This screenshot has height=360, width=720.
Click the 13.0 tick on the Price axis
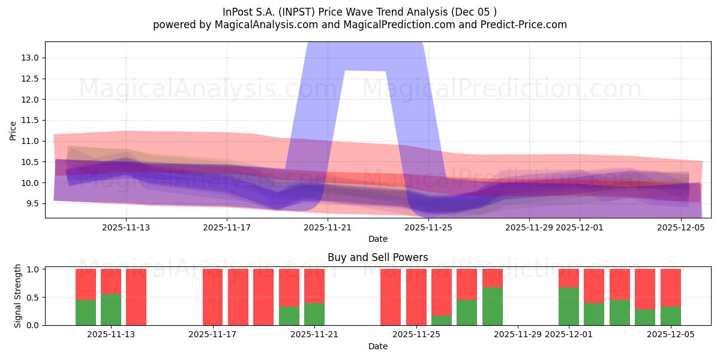click(x=31, y=58)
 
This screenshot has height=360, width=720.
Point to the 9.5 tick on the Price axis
click(x=32, y=203)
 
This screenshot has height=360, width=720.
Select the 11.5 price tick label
click(x=31, y=120)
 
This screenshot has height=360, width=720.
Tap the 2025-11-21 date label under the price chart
click(x=328, y=227)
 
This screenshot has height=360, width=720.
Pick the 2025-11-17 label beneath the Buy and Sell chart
click(x=213, y=335)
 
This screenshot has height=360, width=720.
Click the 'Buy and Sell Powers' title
click(x=377, y=257)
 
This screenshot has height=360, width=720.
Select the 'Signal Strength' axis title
click(x=18, y=296)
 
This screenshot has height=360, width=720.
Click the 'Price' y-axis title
click(x=13, y=131)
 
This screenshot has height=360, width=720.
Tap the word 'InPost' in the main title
click(x=238, y=12)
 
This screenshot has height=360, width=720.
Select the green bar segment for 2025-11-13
click(x=111, y=310)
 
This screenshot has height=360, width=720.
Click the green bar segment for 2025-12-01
click(x=569, y=306)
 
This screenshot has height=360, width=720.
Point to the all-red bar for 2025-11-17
click(x=213, y=297)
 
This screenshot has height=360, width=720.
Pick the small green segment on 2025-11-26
click(x=442, y=320)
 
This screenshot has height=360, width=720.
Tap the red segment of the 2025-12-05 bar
click(x=670, y=287)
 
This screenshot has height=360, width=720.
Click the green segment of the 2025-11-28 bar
click(x=493, y=306)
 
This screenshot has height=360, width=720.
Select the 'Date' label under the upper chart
click(x=377, y=239)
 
